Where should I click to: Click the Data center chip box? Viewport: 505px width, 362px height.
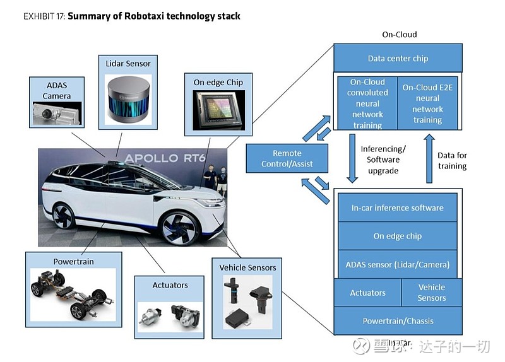pos(398,58)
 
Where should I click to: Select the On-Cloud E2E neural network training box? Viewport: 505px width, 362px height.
pos(427,103)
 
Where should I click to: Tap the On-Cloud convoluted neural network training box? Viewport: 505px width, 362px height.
pos(367,103)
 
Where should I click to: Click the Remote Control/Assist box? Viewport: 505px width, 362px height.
pos(287,158)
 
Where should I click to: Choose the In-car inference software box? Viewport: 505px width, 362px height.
pos(397,207)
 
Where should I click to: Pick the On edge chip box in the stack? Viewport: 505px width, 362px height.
pos(397,236)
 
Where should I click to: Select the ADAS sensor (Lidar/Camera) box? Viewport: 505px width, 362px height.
pos(397,264)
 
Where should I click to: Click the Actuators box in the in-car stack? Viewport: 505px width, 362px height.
pos(367,293)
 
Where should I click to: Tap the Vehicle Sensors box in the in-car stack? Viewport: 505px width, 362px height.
pos(432,293)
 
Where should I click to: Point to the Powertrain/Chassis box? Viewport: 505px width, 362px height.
pos(398,321)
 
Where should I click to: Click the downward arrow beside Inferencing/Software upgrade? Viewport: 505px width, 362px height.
pos(352,162)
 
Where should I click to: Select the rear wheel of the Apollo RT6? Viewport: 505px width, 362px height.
pos(64,215)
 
